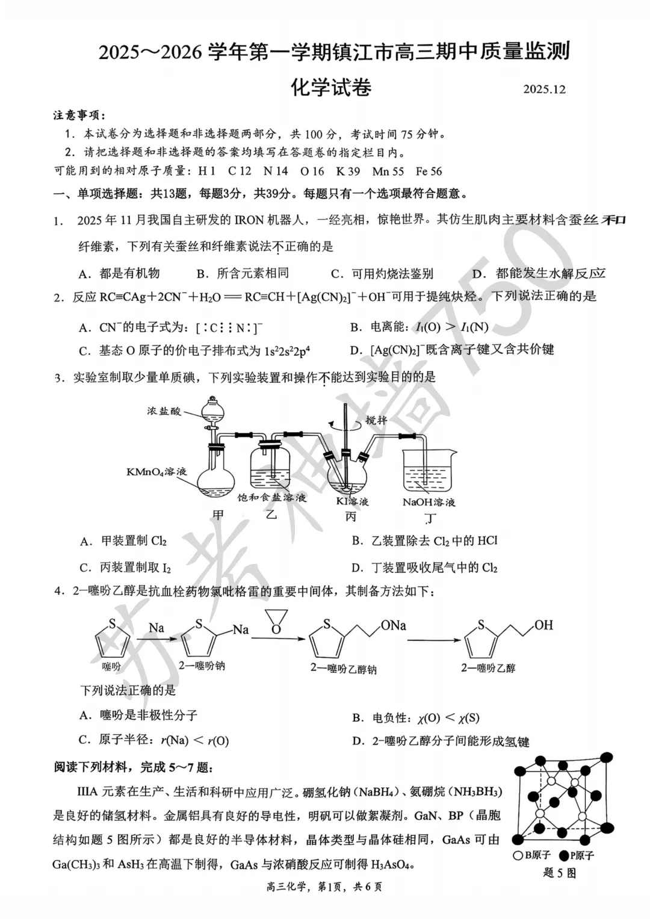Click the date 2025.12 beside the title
tap(544, 89)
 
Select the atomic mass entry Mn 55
tap(388, 171)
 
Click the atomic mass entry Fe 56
tap(429, 171)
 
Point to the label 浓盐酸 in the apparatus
tap(164, 412)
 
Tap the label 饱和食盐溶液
tap(272, 497)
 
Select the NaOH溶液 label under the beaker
tap(429, 502)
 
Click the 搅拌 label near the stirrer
tap(376, 420)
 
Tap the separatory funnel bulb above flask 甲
tap(212, 409)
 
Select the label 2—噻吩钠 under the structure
tap(202, 666)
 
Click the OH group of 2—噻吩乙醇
tap(543, 625)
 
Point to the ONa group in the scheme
tap(393, 625)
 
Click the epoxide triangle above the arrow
tap(276, 621)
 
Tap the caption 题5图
tap(559, 872)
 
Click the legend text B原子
tap(537, 855)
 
